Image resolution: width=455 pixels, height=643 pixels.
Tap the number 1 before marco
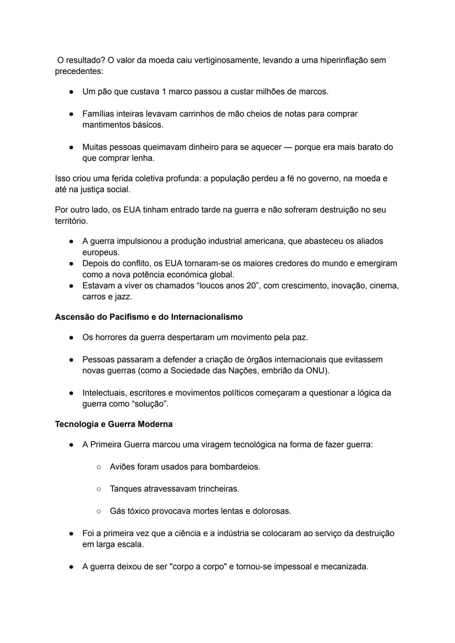pos(164,91)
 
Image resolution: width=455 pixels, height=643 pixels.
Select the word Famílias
pos(99,114)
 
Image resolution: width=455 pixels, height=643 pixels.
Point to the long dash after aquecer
pos(288,147)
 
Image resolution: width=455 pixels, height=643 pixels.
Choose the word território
pos(71,221)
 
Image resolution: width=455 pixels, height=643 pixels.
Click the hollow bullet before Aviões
pos(99,467)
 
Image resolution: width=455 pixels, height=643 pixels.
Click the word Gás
pos(118,511)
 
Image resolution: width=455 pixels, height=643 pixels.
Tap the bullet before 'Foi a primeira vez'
pos(72,534)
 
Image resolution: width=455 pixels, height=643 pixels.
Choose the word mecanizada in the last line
pos(344,567)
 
